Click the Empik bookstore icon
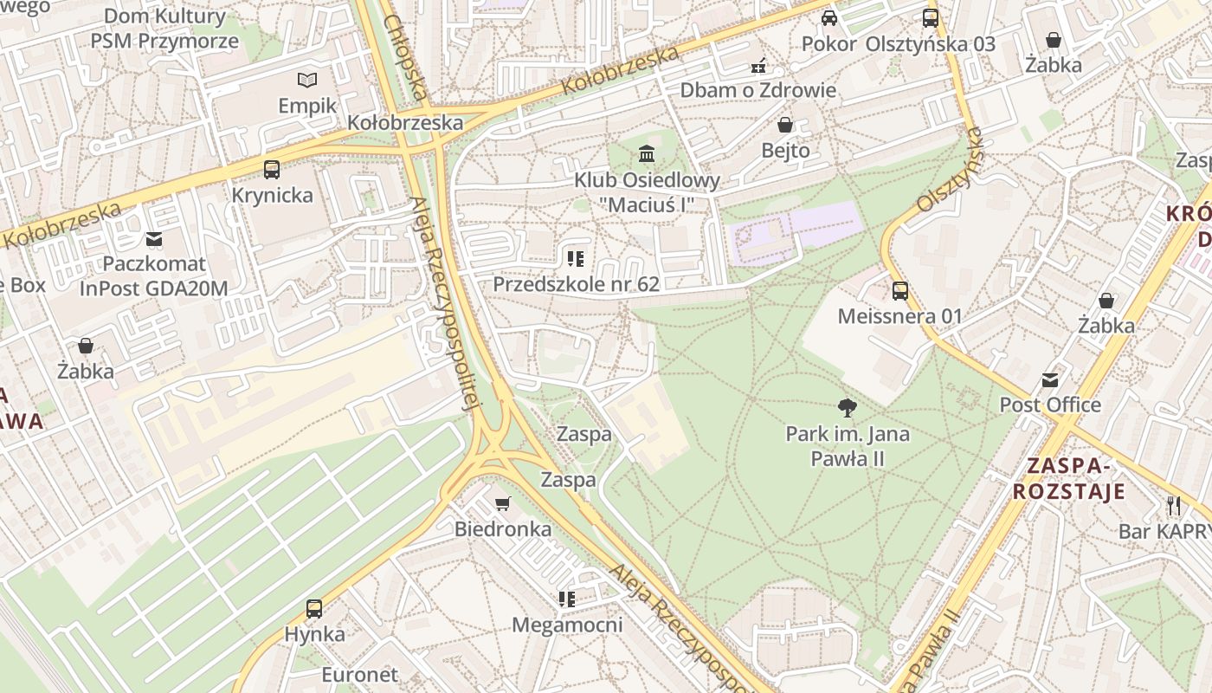pyautogui.click(x=307, y=81)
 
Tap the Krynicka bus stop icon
pyautogui.click(x=272, y=170)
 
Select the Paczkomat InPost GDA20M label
pyautogui.click(x=154, y=276)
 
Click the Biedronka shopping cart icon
pyautogui.click(x=502, y=503)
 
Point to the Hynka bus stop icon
pyautogui.click(x=314, y=609)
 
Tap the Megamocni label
pyautogui.click(x=567, y=625)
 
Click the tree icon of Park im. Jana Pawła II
pyautogui.click(x=848, y=407)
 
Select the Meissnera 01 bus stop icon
pyautogui.click(x=900, y=291)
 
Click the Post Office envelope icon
pyautogui.click(x=1050, y=379)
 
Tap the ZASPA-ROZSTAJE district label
pyautogui.click(x=1069, y=479)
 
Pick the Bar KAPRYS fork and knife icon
pyautogui.click(x=1174, y=505)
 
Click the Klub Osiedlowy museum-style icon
pyautogui.click(x=647, y=154)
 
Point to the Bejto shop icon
pyautogui.click(x=785, y=125)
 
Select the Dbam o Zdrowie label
pyautogui.click(x=757, y=90)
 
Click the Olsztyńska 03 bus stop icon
pyautogui.click(x=931, y=18)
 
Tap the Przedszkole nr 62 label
pyautogui.click(x=576, y=284)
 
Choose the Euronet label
pyautogui.click(x=359, y=674)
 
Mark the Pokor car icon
pyautogui.click(x=829, y=18)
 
